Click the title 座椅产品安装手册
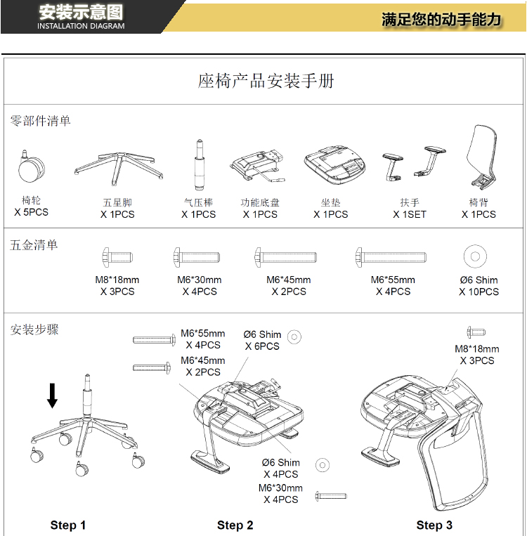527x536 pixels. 266,81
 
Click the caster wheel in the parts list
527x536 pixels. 32,169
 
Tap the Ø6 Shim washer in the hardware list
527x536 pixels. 476,256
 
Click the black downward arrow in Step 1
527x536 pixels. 53,396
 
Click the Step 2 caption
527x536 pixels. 235,525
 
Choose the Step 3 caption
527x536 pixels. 434,525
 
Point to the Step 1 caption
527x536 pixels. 68,525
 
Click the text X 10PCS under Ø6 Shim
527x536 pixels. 479,292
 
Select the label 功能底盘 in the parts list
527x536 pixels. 260,203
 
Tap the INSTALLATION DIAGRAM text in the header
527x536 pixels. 81,26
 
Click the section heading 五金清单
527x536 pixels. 34,245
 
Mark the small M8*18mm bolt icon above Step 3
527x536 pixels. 477,332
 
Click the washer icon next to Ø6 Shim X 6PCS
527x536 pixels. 294,337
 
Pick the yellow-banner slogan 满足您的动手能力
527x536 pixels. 441,19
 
